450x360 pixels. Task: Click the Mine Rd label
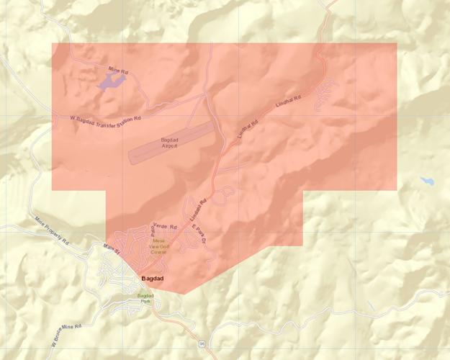(x=118, y=71)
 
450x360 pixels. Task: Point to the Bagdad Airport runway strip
(x=171, y=141)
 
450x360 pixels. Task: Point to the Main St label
(x=109, y=249)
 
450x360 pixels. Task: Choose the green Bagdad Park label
(x=145, y=298)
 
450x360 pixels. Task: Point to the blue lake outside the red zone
(x=428, y=180)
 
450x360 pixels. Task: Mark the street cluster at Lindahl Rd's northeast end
(x=325, y=92)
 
